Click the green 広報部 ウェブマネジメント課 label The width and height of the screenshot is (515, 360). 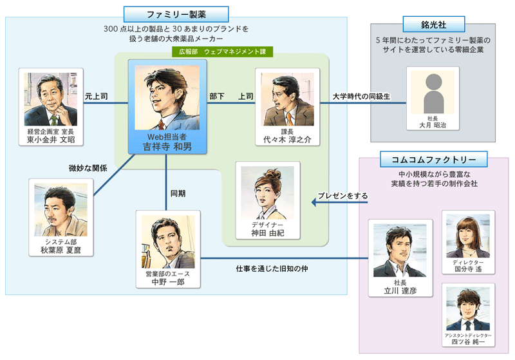[223, 50]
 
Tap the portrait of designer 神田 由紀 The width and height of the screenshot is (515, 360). [268, 193]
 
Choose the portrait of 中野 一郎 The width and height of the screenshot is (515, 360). [167, 242]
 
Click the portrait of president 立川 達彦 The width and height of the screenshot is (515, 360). [395, 252]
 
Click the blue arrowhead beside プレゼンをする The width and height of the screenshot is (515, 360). [315, 203]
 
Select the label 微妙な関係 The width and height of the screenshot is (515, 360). [88, 169]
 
